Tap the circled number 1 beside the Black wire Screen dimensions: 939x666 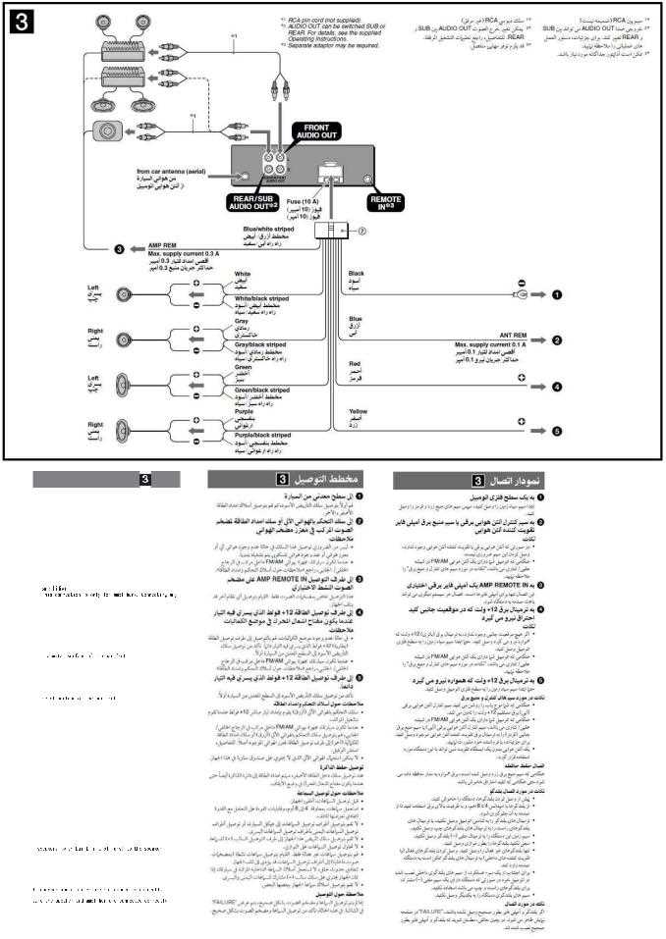556,293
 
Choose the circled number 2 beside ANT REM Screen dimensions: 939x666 556,339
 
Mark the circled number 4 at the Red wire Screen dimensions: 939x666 556,386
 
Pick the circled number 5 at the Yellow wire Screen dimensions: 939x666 556,430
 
